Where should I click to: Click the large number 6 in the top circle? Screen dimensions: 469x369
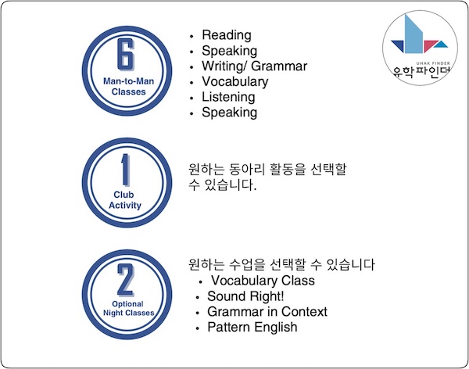pos(126,55)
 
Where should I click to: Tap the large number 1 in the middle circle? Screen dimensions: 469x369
pos(126,170)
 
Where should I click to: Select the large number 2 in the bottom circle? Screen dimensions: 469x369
pos(126,280)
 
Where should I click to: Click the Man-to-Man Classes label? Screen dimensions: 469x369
pos(128,86)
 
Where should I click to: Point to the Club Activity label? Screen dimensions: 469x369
pos(125,200)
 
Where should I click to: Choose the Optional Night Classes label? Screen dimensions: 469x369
pos(128,308)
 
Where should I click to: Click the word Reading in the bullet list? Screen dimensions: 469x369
pos(227,35)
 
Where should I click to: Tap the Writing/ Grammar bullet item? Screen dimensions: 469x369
pos(254,66)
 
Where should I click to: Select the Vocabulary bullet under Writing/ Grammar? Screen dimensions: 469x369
pos(235,82)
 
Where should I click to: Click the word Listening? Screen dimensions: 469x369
pos(228,97)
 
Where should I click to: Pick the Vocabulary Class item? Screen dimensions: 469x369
pos(263,281)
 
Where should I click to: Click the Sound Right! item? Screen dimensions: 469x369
pos(245,296)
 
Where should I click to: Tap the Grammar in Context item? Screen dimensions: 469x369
pos(267,312)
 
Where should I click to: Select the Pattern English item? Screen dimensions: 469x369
pos(252,327)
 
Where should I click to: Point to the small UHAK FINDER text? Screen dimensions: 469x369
pos(433,63)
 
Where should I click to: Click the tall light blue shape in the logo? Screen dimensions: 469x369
pos(414,34)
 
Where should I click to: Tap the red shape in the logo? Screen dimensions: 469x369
pos(429,45)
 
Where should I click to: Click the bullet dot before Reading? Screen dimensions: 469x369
pos(192,36)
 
